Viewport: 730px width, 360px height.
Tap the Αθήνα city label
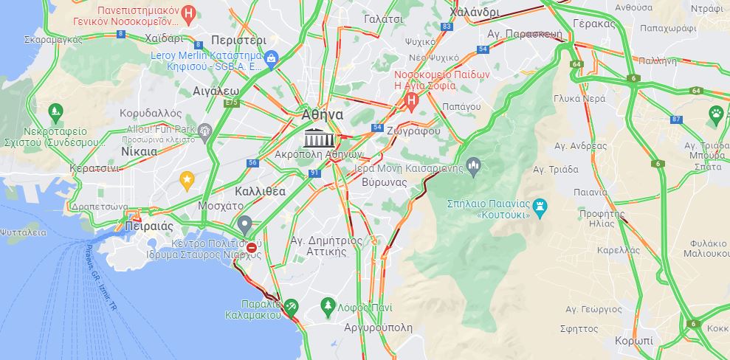tap(322, 114)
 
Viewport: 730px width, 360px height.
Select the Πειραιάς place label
tap(149, 226)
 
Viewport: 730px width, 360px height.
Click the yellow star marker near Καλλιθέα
tap(187, 179)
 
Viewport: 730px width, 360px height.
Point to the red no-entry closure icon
tap(252, 248)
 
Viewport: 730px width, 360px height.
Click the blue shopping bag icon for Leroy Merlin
tap(272, 56)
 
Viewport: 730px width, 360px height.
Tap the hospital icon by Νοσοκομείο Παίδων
tap(412, 98)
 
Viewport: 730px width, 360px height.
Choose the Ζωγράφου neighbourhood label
tap(413, 131)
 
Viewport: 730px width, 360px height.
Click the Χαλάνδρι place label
tap(474, 13)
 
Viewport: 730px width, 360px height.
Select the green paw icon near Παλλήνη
tap(715, 113)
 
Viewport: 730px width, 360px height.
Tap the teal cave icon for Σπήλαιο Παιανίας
tap(543, 204)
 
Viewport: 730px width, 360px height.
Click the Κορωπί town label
tap(633, 341)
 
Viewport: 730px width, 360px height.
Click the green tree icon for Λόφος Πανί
tap(328, 305)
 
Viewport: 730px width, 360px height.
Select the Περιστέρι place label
tap(238, 39)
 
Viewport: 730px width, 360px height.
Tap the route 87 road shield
tap(677, 120)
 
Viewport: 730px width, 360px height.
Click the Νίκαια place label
tap(138, 150)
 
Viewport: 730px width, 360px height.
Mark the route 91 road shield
tap(314, 173)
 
